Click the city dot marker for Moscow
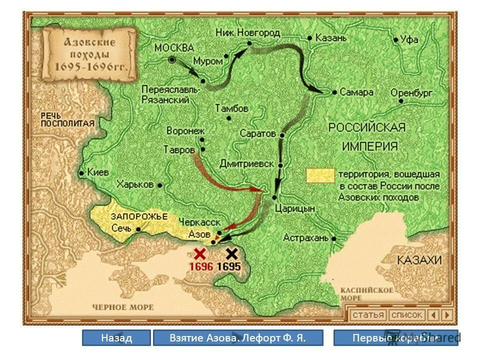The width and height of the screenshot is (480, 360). (172, 59)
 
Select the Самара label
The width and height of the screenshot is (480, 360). (356, 92)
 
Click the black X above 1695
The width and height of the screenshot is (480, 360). (231, 253)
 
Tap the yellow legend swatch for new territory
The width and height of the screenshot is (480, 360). (320, 175)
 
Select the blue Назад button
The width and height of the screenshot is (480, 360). (116, 338)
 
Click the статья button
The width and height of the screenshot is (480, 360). (368, 315)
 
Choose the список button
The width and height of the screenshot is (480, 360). (406, 315)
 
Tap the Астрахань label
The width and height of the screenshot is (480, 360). (305, 237)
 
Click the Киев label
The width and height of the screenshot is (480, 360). (97, 171)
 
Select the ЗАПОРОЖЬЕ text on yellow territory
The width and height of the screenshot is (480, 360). (132, 216)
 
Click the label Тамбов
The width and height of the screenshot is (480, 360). (231, 108)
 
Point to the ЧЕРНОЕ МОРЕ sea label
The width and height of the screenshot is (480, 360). (123, 307)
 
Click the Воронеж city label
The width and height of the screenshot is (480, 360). (185, 130)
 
